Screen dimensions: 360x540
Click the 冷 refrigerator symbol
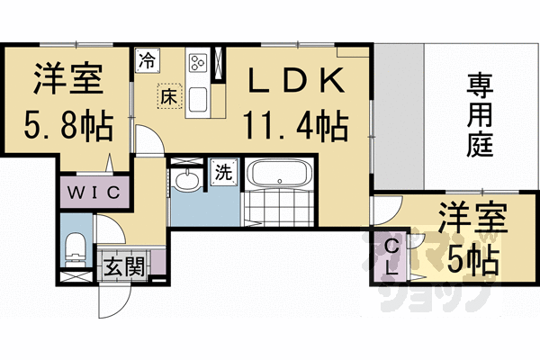(x=146, y=61)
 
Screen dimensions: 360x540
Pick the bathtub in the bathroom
(x=279, y=174)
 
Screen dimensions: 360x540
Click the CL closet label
(x=391, y=255)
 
